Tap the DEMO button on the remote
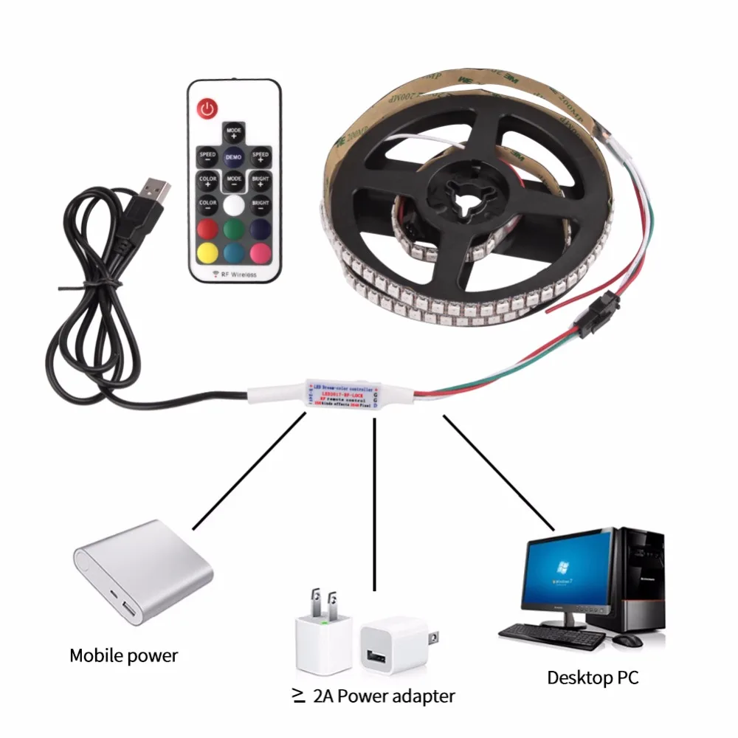(234, 157)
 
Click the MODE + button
(234, 134)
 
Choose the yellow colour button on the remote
(207, 251)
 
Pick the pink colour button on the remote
(261, 251)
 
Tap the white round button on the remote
(234, 203)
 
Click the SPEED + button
(261, 156)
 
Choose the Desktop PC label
(593, 677)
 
